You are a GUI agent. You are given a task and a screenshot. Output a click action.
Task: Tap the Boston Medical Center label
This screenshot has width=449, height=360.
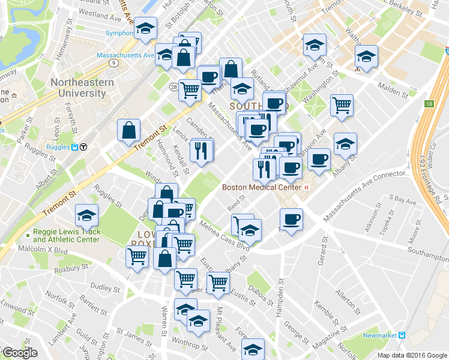261,187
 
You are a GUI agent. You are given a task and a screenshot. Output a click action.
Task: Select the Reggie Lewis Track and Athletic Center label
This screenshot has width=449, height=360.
66,236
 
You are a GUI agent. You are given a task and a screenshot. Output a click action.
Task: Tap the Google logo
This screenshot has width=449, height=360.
19,353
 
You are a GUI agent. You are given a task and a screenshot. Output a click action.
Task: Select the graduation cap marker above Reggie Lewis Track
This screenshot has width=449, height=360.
87,215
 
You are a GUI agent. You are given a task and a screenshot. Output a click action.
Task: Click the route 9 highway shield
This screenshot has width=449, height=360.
113,62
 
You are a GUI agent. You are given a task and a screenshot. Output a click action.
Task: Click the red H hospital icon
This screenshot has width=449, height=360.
306,187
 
